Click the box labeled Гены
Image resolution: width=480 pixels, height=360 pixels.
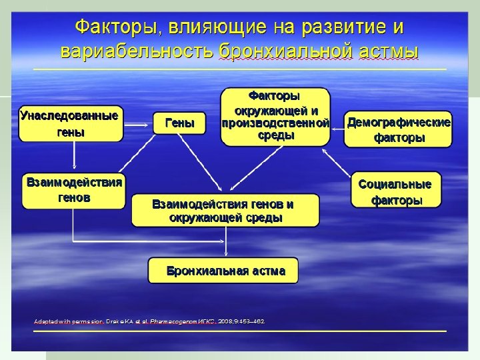pos(179,123)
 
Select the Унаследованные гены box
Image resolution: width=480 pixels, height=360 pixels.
pos(71,123)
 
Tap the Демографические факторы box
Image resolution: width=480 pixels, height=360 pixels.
pos(399,129)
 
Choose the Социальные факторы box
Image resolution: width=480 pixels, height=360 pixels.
pos(396,191)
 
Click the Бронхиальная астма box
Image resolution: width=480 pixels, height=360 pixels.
pos(223,271)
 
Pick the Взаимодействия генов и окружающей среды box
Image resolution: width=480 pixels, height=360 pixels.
pos(225,211)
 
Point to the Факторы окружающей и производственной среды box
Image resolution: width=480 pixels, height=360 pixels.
pos(275,116)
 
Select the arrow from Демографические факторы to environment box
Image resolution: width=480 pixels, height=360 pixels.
pos(337,125)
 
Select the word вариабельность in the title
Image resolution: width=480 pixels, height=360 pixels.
pos(136,51)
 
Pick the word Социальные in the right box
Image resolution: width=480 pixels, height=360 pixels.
pos(395,184)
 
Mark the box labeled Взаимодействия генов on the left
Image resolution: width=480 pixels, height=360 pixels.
pos(73,190)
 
